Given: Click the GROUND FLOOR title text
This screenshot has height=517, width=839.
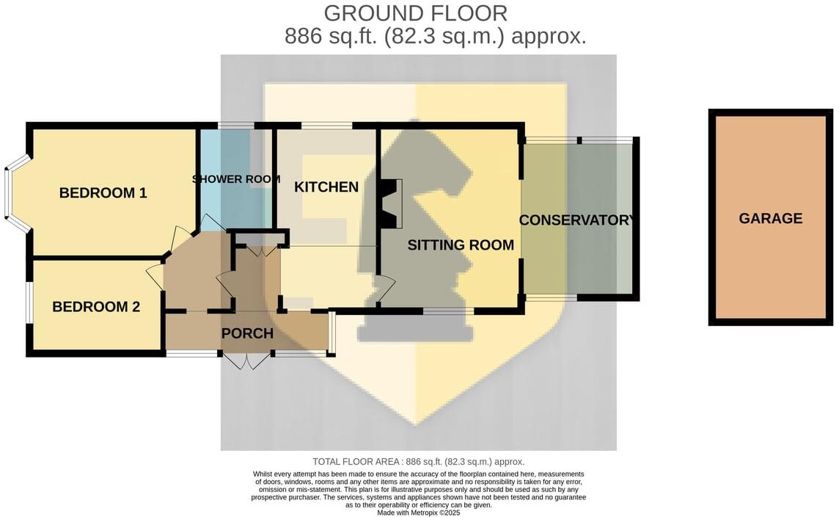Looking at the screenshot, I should (415, 13).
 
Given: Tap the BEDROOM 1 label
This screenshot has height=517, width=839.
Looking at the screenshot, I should (103, 193).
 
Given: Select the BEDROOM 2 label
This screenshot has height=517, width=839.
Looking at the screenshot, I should (95, 307).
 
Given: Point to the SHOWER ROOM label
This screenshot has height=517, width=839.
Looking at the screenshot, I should (236, 179).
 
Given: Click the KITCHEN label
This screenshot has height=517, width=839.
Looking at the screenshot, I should (326, 187).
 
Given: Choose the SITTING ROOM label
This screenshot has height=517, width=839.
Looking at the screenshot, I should (461, 245).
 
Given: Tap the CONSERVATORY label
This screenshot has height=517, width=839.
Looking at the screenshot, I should (576, 220).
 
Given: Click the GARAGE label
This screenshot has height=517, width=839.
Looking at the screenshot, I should (770, 218).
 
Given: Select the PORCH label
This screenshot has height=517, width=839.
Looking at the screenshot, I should (247, 333).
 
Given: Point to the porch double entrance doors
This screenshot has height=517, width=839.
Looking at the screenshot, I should (246, 361).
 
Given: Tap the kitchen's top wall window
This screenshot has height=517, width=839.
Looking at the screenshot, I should (326, 126).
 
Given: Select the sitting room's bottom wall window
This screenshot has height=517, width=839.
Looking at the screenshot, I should (447, 311).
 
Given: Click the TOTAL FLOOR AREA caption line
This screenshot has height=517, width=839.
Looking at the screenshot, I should (418, 462).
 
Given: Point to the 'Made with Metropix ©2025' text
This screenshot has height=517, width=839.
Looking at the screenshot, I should (418, 513).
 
